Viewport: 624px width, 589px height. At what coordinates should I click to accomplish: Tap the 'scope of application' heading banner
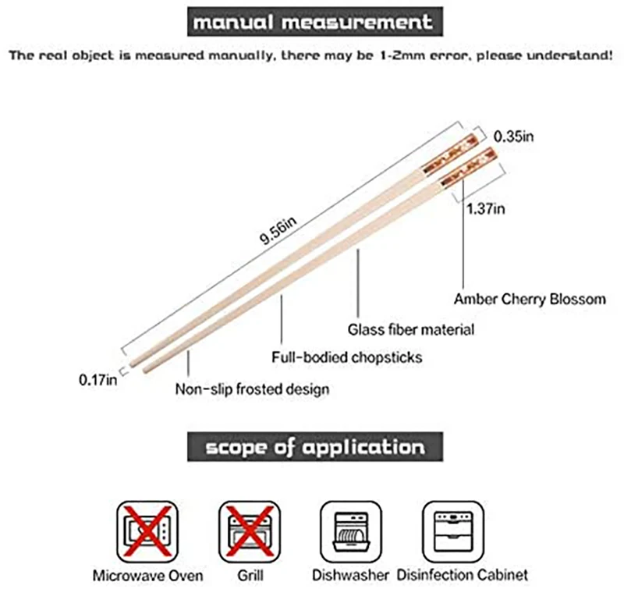[x=315, y=447]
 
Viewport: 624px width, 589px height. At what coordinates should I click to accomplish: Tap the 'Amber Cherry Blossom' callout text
[x=530, y=298]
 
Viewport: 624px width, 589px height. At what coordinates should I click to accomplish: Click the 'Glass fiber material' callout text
[x=410, y=329]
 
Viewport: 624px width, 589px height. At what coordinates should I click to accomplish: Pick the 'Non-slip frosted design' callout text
[x=251, y=388]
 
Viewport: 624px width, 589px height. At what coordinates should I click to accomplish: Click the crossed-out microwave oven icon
[x=147, y=529]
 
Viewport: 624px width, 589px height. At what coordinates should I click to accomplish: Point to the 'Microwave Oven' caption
[x=147, y=575]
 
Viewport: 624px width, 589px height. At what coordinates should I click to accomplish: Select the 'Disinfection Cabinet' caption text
[x=455, y=575]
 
